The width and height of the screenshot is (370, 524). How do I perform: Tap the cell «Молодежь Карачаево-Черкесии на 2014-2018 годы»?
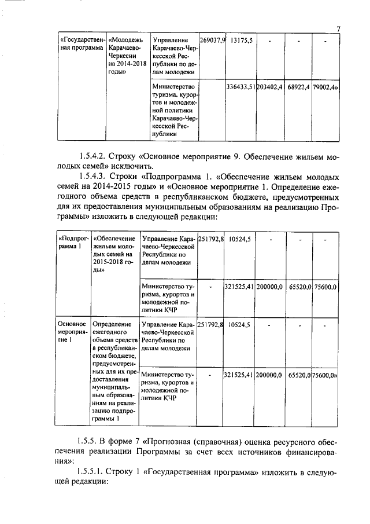[x=126, y=56]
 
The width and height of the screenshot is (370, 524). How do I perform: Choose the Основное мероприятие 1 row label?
[x=71, y=332]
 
